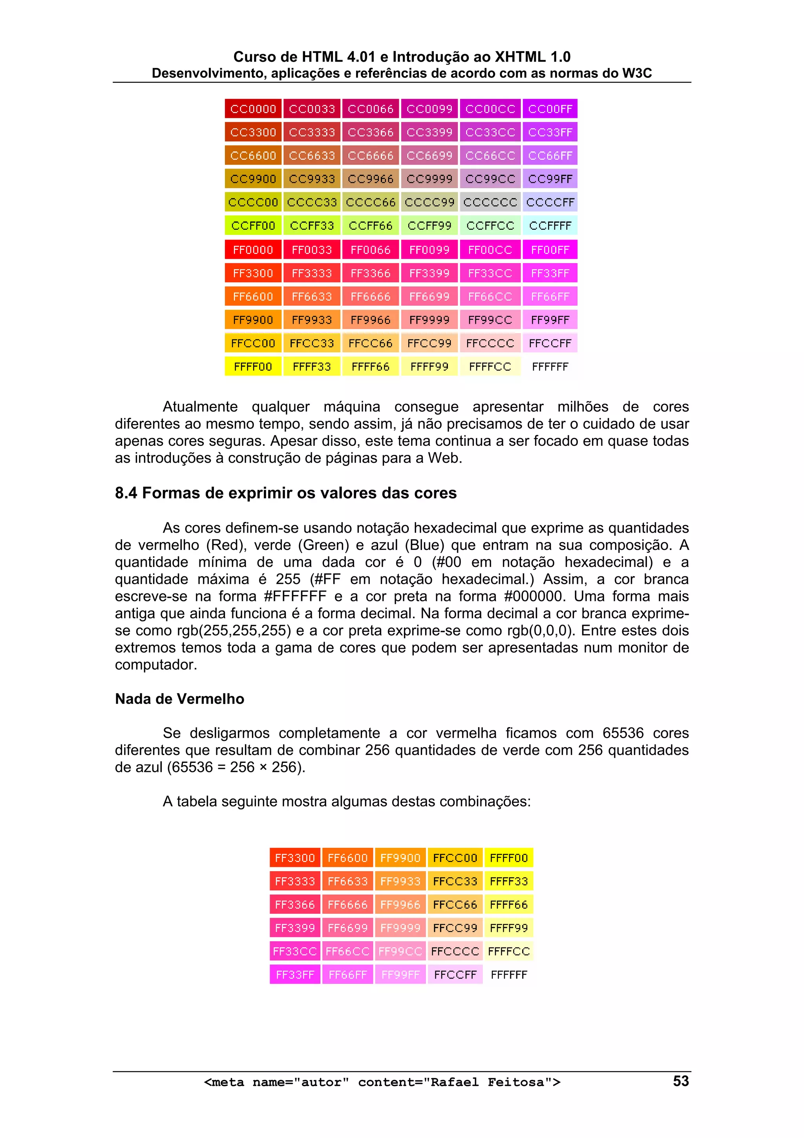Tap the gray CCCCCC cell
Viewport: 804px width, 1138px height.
point(490,202)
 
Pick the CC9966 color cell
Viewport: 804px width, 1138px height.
point(370,179)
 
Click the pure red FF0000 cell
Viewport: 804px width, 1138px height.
point(253,250)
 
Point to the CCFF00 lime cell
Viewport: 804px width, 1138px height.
point(253,226)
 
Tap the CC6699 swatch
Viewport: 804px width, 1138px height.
point(429,156)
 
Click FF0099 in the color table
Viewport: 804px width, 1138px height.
point(429,250)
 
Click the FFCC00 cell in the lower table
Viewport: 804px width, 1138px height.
point(455,858)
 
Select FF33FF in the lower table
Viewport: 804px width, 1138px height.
point(295,975)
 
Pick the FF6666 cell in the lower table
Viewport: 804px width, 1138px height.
point(347,905)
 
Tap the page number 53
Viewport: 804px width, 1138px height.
point(681,1081)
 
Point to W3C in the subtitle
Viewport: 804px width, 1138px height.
point(636,73)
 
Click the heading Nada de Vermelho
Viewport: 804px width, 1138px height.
point(179,699)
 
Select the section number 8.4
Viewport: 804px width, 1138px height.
point(126,493)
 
